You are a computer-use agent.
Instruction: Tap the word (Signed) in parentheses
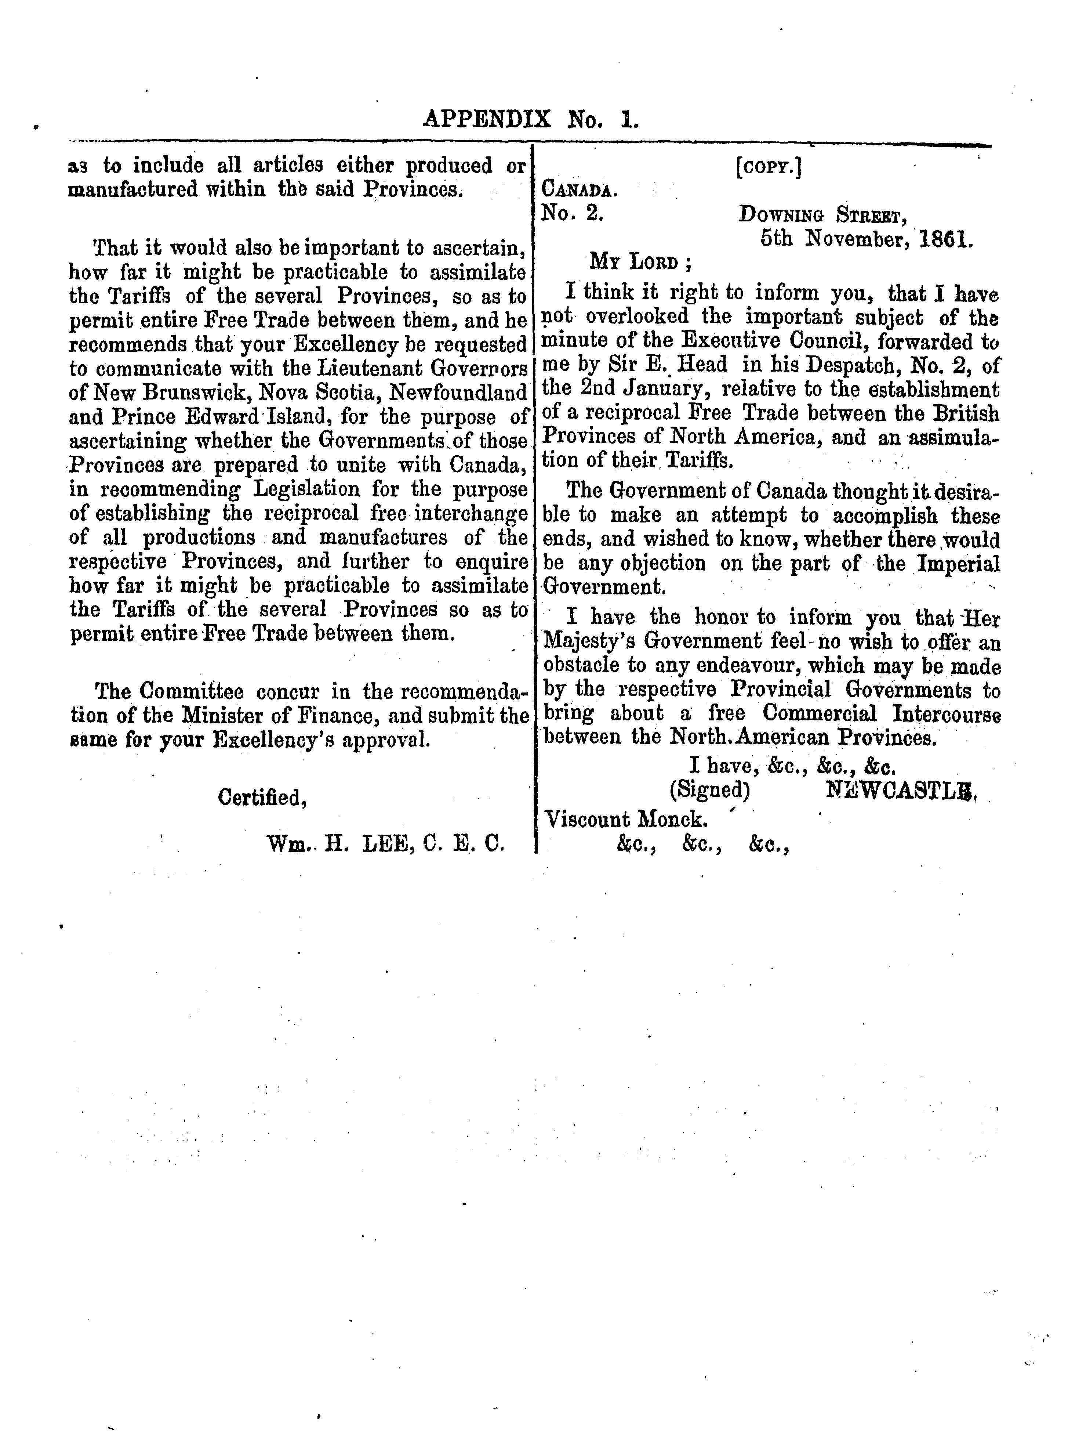tap(710, 790)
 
